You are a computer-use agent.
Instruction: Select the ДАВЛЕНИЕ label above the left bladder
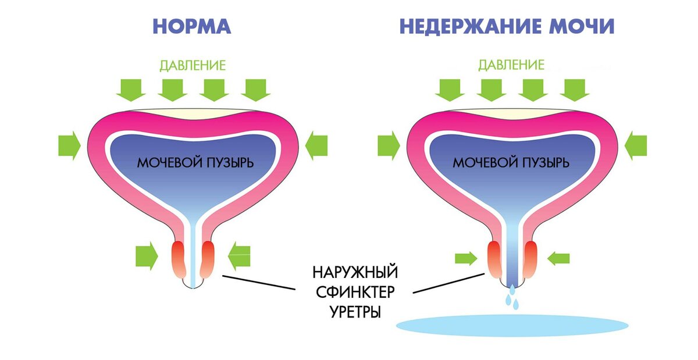coord(192,65)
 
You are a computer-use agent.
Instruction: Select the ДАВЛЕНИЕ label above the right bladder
coord(511,65)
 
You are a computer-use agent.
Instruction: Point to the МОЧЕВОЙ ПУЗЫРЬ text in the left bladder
coord(195,162)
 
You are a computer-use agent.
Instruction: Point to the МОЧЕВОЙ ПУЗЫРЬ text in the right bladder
coord(511,162)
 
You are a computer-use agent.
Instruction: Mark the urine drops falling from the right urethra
coord(511,297)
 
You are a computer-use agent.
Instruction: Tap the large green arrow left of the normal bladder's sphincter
coord(146,256)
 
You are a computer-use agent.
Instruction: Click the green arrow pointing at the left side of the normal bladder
coord(69,144)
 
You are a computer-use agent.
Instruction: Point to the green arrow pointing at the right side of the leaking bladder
coord(635,144)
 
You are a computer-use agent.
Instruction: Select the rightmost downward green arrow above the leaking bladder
coord(576,90)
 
